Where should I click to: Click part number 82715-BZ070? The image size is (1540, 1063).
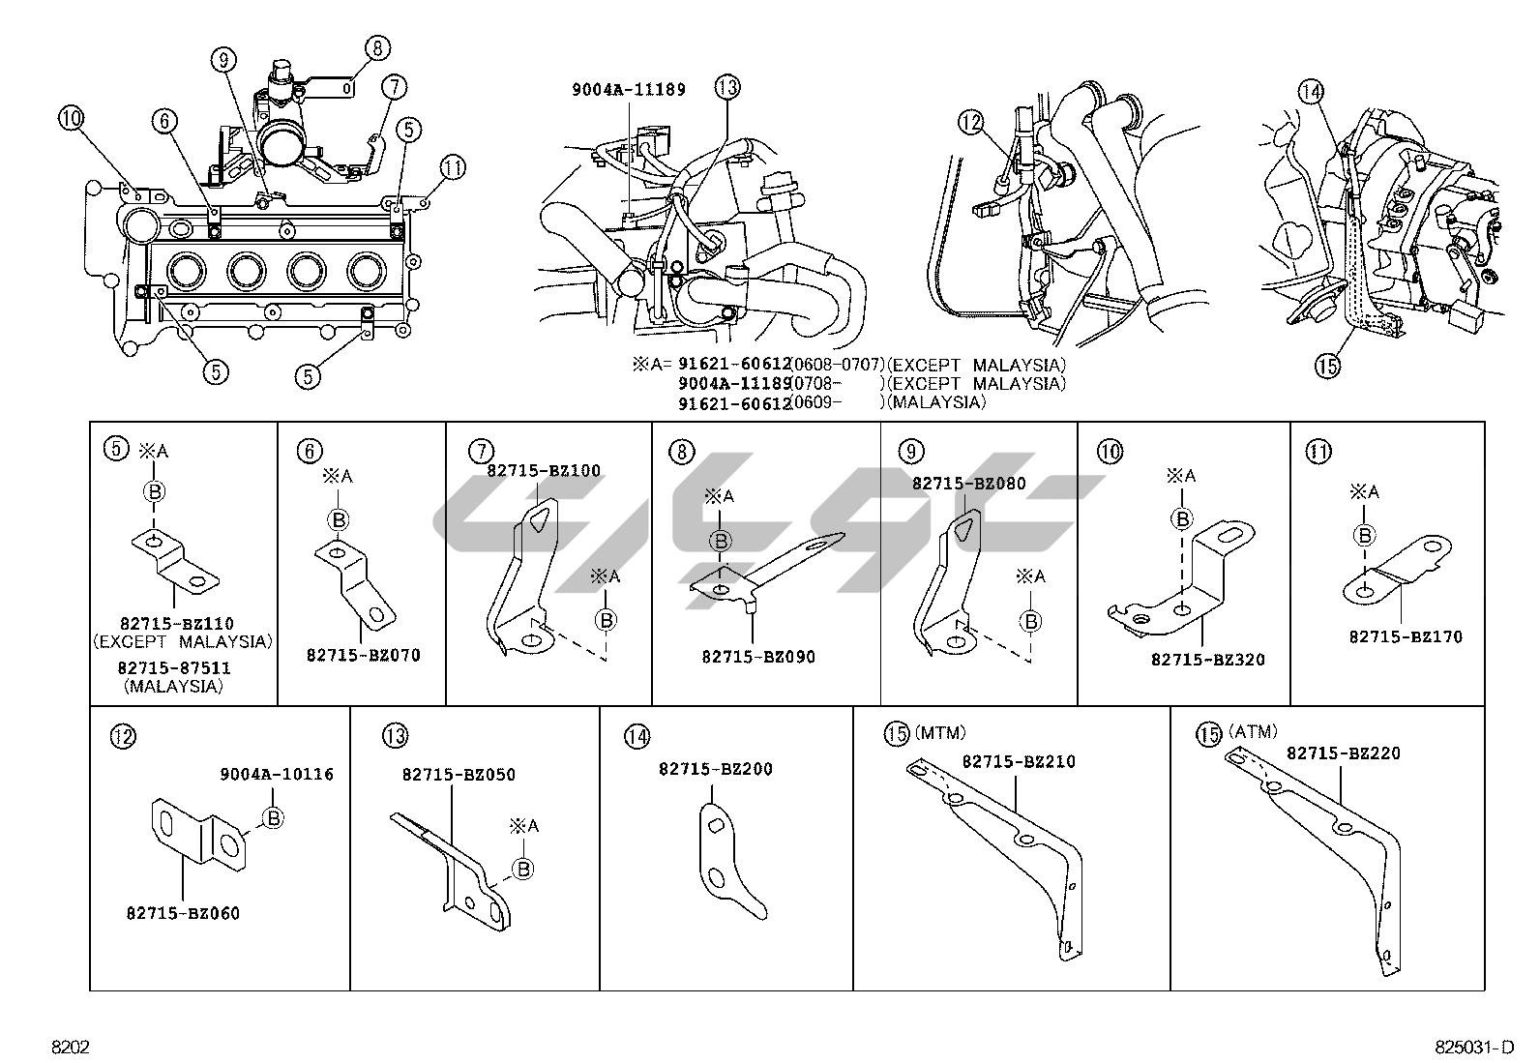[363, 655]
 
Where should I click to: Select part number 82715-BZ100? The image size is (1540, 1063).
[543, 471]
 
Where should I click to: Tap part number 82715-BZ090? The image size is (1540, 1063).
[757, 657]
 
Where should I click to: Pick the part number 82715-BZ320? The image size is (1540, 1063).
[1207, 660]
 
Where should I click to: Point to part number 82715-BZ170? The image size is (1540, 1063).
[1406, 637]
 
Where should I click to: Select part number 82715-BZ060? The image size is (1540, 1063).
[183, 913]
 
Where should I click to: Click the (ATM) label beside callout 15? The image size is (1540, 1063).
[1253, 732]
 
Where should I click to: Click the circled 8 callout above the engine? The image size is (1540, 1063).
[376, 46]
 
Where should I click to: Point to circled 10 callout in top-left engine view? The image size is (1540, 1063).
[71, 119]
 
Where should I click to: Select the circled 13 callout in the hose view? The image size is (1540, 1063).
[726, 87]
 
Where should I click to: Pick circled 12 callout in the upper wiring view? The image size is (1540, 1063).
[970, 122]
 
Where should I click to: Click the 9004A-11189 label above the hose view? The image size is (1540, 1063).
[628, 90]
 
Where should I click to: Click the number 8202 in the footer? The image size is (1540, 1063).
[71, 1048]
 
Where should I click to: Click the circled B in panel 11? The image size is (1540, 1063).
[1365, 535]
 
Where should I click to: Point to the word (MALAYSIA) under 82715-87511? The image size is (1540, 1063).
[173, 686]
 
